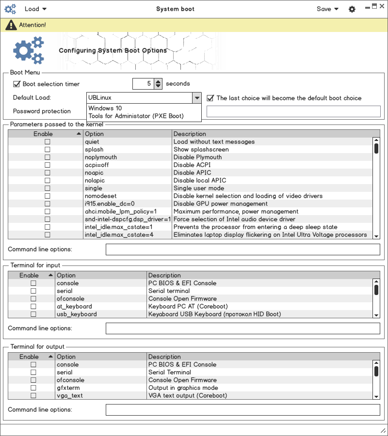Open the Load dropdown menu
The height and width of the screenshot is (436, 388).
35,9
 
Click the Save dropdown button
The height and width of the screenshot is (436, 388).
327,9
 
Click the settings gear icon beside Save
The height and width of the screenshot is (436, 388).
352,9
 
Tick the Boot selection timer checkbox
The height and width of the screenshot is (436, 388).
17,84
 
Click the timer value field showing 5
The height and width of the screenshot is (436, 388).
143,84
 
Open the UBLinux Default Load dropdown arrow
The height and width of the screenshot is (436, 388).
196,98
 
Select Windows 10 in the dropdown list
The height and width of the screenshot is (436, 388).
105,109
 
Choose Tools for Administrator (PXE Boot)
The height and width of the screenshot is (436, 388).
136,116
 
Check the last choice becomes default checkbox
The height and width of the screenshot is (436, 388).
210,98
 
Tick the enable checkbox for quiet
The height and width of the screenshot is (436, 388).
48,142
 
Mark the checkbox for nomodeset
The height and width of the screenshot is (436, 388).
48,196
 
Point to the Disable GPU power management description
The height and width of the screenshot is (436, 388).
221,204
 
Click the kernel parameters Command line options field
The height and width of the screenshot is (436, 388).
242,249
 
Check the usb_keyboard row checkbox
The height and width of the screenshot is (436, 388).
33,314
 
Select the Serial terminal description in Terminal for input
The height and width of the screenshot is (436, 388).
169,291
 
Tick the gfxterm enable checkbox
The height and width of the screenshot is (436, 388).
33,388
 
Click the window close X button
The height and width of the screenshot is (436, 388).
382,6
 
